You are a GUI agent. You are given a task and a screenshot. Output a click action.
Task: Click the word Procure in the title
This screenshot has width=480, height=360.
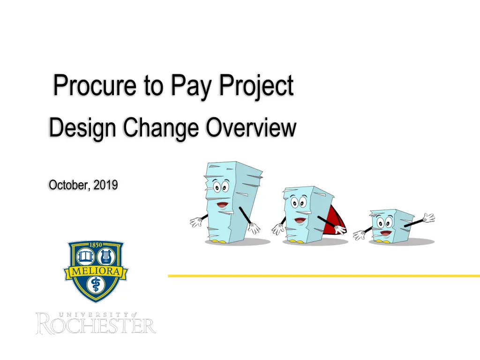95,85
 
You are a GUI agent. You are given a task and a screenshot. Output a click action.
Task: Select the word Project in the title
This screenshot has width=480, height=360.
256,86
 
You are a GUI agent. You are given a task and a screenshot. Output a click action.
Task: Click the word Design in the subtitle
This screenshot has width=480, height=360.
82,127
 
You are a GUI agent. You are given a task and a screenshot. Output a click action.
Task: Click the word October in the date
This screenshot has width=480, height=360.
69,185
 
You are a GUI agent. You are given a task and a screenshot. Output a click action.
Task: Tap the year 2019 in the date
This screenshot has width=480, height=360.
105,185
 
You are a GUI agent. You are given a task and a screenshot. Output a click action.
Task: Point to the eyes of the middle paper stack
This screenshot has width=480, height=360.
299,202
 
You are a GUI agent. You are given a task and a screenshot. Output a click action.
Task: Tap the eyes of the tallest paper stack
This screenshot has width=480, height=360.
220,187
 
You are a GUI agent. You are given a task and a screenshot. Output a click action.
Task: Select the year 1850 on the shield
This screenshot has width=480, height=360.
96,245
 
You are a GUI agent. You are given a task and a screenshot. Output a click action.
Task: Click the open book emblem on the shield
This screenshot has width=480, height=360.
85,256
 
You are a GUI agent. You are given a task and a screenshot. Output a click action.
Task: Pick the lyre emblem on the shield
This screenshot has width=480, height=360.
106,256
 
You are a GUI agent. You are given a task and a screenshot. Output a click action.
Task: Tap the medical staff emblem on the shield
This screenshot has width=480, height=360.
96,285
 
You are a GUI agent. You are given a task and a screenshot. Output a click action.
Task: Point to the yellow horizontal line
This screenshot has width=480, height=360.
324,276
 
